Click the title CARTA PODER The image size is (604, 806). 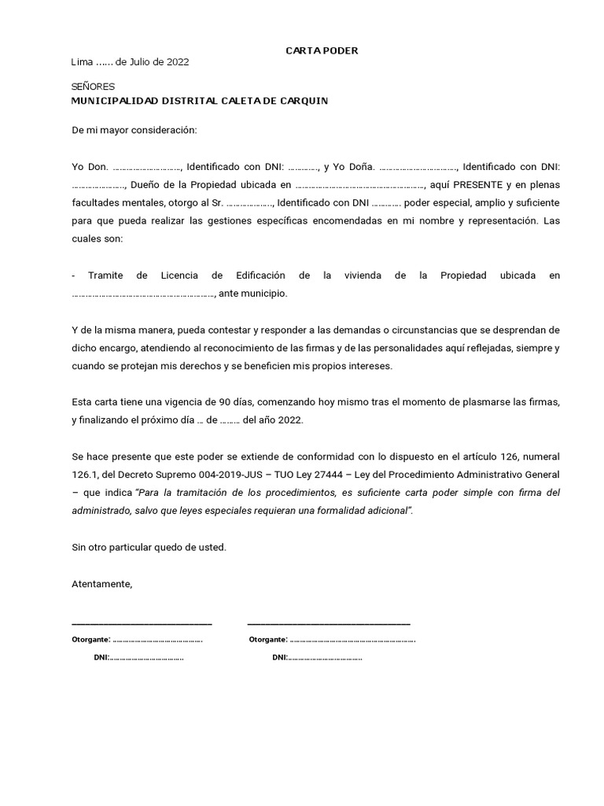click(321, 50)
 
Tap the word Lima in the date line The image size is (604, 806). click(81, 62)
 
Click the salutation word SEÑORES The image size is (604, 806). click(93, 87)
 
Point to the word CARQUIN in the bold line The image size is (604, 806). click(302, 101)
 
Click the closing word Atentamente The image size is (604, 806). click(102, 584)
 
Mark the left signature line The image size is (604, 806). click(142, 622)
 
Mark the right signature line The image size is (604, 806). click(329, 622)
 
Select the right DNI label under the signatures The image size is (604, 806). click(280, 657)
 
